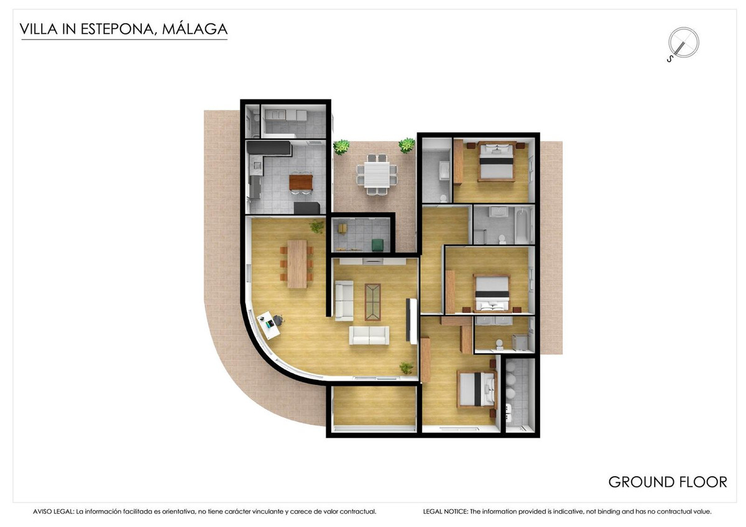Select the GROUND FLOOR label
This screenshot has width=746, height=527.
[x=667, y=482]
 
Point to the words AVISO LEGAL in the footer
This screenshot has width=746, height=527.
[x=53, y=511]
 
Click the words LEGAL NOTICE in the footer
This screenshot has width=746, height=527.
[x=445, y=511]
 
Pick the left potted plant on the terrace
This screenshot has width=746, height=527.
[x=341, y=147]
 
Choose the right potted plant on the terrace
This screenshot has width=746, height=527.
[x=407, y=145]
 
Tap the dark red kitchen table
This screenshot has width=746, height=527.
[x=301, y=182]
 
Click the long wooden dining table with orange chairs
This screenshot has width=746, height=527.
[x=298, y=263]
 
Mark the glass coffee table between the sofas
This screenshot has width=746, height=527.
[x=373, y=301]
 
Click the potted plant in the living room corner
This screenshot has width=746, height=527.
[x=406, y=368]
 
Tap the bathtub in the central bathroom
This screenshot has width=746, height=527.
[x=522, y=225]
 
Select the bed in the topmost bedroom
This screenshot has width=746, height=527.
[x=496, y=161]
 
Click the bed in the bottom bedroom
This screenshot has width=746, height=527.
[x=477, y=389]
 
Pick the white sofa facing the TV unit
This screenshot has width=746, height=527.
[x=369, y=335]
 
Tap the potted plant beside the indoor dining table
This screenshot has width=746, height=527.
[x=317, y=226]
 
